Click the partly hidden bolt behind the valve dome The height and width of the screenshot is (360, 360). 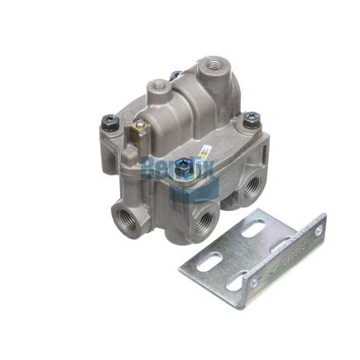(176, 75)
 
